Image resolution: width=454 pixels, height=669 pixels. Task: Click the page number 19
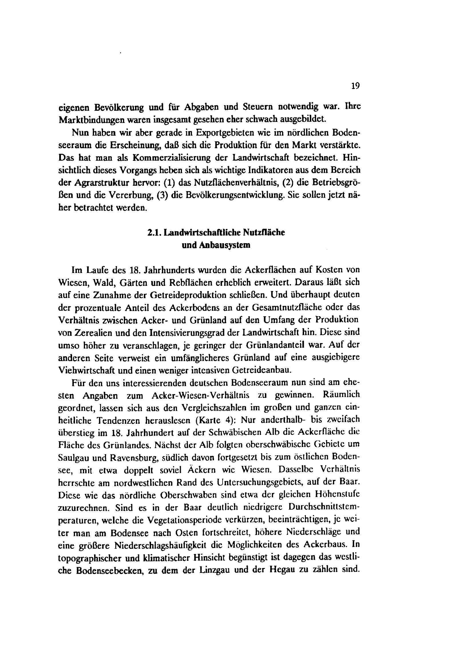click(x=356, y=86)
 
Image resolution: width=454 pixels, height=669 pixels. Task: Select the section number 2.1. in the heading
click(x=154, y=233)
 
